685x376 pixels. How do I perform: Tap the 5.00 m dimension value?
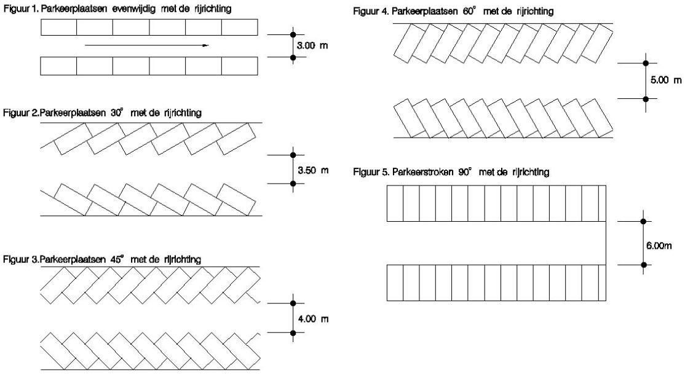(x=667, y=80)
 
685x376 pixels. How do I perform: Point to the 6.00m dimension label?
(x=660, y=244)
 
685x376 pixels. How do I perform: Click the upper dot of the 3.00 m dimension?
(x=293, y=34)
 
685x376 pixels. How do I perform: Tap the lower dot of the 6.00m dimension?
(x=644, y=265)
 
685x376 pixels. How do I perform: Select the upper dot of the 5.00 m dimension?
(x=645, y=63)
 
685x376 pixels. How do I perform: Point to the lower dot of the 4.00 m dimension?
(x=293, y=333)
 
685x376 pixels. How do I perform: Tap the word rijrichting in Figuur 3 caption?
(x=183, y=259)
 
